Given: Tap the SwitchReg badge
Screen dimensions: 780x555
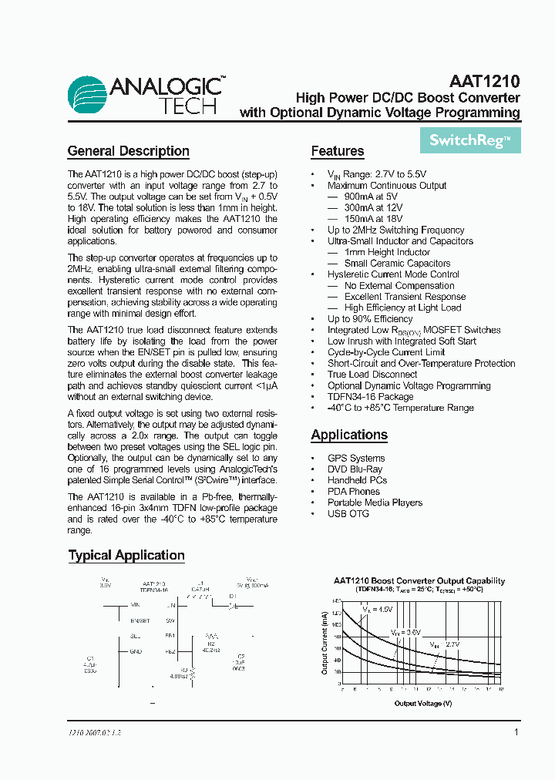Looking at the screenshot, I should (470, 140).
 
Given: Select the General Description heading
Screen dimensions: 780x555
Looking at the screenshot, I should (128, 151).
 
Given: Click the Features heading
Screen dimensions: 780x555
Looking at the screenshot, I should (337, 151).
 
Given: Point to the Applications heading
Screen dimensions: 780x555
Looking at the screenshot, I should (349, 435).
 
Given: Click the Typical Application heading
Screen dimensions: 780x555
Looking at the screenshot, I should (126, 555).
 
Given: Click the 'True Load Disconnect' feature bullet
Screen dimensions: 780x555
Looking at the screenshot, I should (372, 375).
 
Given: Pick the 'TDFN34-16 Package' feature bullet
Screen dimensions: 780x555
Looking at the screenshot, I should (370, 397).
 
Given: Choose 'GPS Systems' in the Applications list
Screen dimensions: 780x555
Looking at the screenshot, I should (356, 458).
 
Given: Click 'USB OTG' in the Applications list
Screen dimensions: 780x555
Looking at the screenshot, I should (348, 513).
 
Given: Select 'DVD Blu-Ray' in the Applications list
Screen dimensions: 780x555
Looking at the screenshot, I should (355, 469).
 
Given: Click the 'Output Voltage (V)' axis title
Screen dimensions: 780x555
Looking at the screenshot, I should (423, 703).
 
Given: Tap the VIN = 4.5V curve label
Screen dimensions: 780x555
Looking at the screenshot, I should (378, 609).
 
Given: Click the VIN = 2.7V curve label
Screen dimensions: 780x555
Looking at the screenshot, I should (445, 644).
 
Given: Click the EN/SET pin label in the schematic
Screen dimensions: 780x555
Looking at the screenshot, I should (140, 620).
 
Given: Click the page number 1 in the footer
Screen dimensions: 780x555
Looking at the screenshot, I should (516, 732).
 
